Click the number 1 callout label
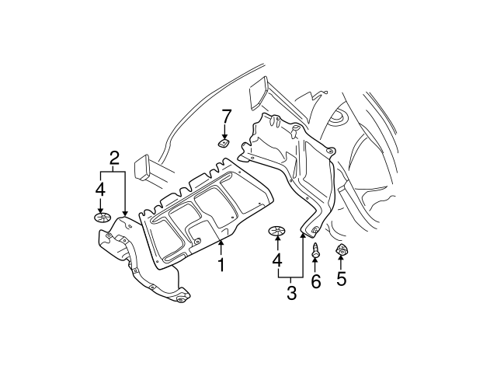(x=221, y=266)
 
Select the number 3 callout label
(x=291, y=293)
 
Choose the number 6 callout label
(x=316, y=281)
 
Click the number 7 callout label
(x=227, y=117)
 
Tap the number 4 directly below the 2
(x=99, y=189)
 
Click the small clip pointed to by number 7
(x=223, y=143)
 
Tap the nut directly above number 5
(x=340, y=251)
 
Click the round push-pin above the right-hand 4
(x=277, y=231)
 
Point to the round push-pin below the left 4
(x=99, y=218)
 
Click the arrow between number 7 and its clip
(x=226, y=132)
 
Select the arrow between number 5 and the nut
(x=341, y=264)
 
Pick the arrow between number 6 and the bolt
(x=316, y=267)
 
